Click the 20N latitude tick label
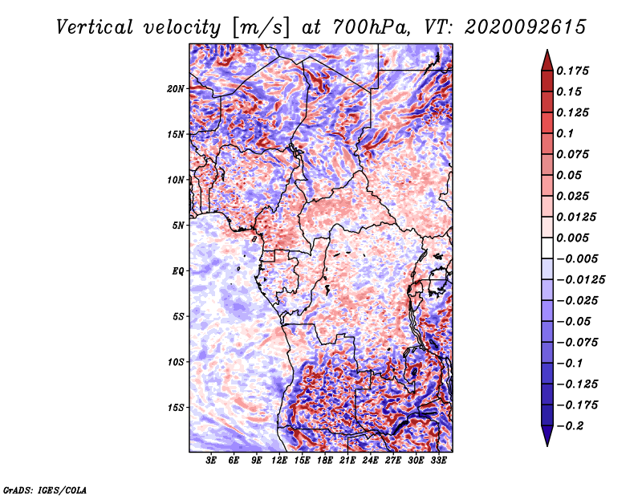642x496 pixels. [176, 89]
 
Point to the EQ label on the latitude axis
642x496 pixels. [177, 271]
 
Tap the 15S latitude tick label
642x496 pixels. [176, 408]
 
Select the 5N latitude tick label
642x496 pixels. [178, 226]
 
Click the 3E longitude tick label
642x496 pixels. [211, 461]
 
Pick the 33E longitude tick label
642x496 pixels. [438, 461]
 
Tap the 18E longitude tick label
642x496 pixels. [325, 461]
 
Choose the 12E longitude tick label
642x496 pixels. [279, 461]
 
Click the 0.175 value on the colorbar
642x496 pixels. [572, 71]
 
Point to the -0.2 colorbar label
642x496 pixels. [570, 426]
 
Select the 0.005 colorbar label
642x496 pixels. [572, 238]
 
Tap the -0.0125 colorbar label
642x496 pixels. [580, 280]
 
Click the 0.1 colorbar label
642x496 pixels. [565, 133]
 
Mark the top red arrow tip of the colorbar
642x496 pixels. [547, 50]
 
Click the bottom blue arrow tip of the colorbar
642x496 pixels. [547, 446]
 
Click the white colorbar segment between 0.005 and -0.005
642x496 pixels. [547, 248]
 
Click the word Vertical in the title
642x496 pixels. [95, 27]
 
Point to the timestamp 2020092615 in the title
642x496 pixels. [526, 27]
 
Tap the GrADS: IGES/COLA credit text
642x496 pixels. [45, 490]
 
